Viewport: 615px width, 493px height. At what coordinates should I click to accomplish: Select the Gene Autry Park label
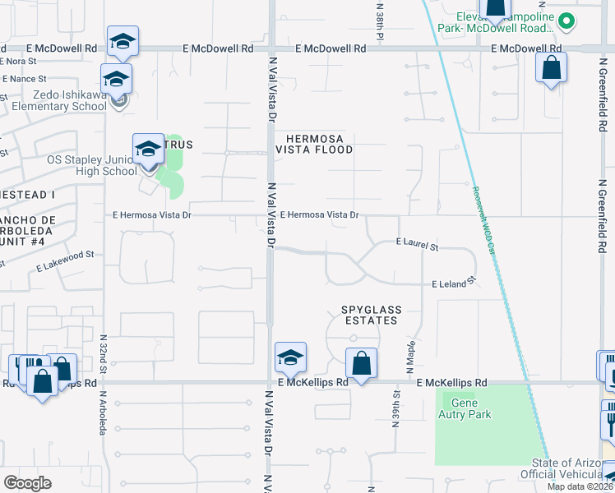(x=467, y=409)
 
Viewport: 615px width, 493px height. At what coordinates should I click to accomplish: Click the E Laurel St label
(x=417, y=245)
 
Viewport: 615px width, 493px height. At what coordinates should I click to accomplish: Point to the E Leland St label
(x=455, y=283)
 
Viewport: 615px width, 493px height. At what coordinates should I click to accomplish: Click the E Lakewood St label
(x=67, y=267)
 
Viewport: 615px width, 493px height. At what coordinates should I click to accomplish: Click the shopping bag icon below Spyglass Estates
(x=361, y=363)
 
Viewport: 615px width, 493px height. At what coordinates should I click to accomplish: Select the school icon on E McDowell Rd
(x=123, y=42)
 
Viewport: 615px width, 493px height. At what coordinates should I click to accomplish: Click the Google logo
(x=28, y=482)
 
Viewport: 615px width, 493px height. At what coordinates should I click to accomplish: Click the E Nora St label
(x=20, y=61)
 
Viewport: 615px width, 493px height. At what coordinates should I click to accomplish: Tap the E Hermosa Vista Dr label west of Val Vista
(x=152, y=215)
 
